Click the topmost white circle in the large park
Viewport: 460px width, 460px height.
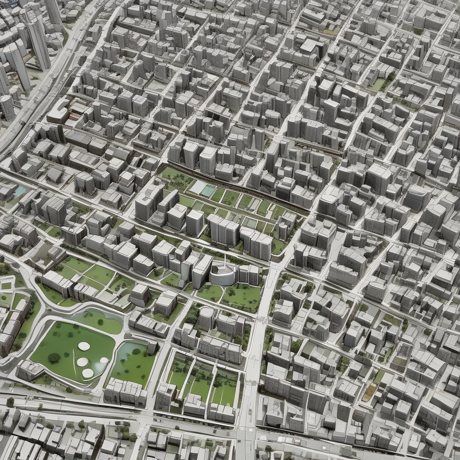(x=84, y=346)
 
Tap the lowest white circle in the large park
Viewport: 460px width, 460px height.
(x=88, y=373)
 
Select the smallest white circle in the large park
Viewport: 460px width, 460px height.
(x=104, y=360)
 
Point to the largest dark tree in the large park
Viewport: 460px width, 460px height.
(x=54, y=358)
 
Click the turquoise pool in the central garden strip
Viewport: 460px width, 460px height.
(x=208, y=190)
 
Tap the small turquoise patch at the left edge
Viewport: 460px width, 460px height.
(x=20, y=191)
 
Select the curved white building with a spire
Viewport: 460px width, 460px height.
(x=223, y=273)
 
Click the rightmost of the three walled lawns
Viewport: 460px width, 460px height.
(x=224, y=386)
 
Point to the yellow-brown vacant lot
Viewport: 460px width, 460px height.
(x=369, y=392)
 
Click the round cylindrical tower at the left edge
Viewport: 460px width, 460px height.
(x=7, y=108)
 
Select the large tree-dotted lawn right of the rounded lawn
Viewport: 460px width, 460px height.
(x=242, y=297)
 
